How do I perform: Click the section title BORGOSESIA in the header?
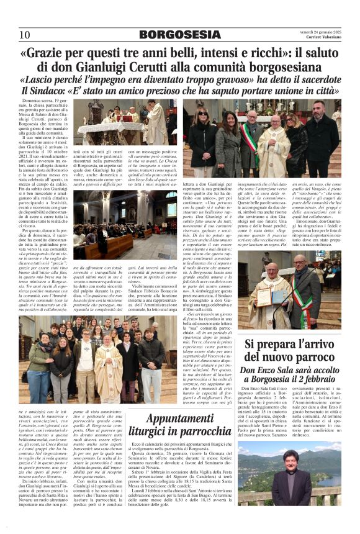coord(179,34)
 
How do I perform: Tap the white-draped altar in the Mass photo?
coord(102,128)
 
